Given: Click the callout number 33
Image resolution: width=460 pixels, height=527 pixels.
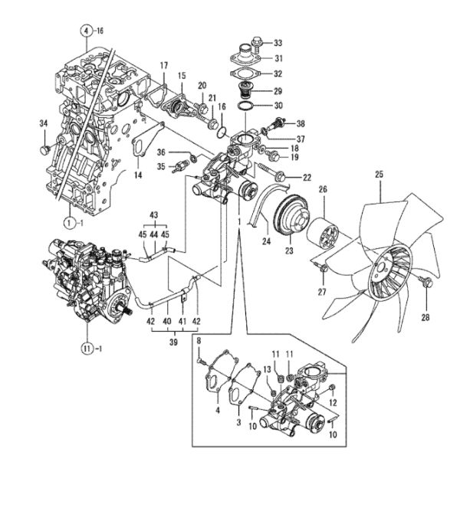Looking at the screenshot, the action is [x=278, y=43].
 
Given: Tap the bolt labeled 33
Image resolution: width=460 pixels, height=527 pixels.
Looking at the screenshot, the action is [x=256, y=43].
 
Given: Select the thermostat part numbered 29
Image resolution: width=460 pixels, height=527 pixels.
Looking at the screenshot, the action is [x=245, y=90].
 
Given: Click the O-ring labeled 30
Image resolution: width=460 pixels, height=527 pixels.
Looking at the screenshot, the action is [x=245, y=106].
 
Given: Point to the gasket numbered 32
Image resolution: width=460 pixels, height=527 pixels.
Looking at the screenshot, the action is [x=245, y=74].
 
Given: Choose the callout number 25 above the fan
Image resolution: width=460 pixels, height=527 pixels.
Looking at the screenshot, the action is [x=379, y=175].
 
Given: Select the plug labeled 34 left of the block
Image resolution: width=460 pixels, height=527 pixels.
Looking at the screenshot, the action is [x=45, y=149].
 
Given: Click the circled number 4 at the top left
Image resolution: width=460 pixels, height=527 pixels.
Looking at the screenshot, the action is [x=87, y=31].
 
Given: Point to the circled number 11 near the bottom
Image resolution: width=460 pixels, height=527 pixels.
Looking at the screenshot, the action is [x=87, y=349].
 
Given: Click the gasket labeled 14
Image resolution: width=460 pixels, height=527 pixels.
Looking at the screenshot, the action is [x=147, y=139].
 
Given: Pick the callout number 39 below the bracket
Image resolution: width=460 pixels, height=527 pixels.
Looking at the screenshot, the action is [x=174, y=342].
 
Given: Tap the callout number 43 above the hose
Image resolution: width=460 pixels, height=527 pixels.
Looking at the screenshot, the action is [x=154, y=215].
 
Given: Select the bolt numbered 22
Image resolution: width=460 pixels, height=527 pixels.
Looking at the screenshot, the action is [x=273, y=172].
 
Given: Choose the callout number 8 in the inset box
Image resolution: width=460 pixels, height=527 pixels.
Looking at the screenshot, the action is [x=199, y=341].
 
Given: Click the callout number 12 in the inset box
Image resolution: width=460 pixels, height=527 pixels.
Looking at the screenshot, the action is [x=333, y=402].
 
